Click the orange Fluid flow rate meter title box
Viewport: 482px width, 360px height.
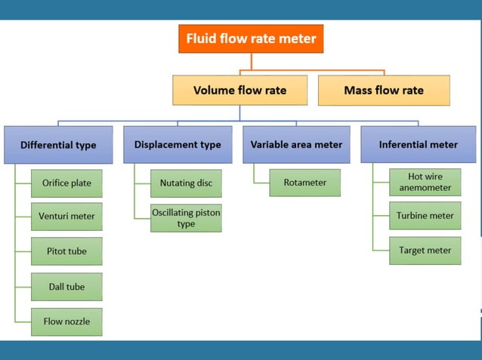(251, 38)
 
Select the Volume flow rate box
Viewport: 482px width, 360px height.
(239, 90)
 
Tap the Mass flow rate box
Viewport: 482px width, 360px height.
(384, 90)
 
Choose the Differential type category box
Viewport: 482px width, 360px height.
(58, 144)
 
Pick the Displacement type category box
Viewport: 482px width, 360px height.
(178, 144)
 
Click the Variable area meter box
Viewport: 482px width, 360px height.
(296, 144)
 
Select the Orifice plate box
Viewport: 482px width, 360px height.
(66, 183)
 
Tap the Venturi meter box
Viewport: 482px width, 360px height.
(66, 216)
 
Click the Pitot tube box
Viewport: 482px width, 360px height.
(66, 251)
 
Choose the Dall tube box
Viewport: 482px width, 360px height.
(66, 287)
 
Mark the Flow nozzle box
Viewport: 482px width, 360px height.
(66, 322)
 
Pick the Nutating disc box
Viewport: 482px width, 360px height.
(186, 183)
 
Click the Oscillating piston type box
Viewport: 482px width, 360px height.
(186, 218)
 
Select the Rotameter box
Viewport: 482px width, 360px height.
(304, 183)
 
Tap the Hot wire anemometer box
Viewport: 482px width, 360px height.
(425, 183)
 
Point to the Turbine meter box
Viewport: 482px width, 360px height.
(425, 216)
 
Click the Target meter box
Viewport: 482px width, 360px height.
(425, 251)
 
